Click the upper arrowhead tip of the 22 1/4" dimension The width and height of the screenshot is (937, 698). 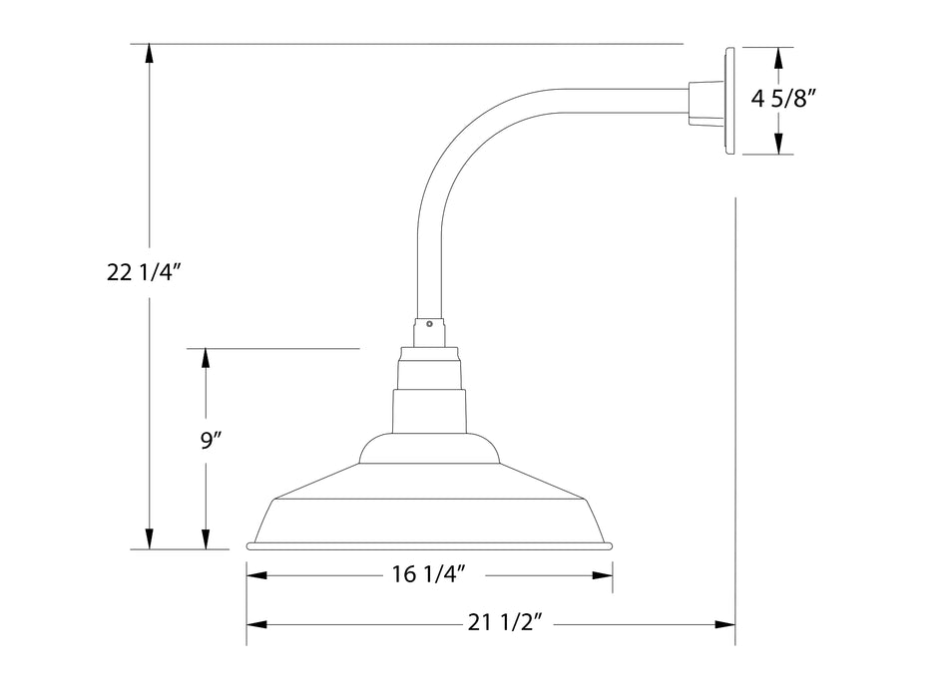(150, 45)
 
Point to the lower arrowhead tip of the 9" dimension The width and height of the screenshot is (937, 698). (207, 548)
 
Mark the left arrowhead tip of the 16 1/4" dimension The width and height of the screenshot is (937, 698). (246, 575)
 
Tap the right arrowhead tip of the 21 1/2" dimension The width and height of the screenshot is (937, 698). (735, 624)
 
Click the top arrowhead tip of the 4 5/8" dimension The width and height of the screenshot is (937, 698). (778, 48)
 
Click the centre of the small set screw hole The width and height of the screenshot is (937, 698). (429, 324)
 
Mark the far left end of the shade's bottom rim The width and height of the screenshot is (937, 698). (246, 545)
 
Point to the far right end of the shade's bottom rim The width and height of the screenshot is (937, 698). (614, 545)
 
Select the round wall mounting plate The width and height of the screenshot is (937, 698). (730, 102)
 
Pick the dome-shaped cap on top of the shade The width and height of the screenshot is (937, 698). (429, 448)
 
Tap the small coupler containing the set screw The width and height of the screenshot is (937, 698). (429, 332)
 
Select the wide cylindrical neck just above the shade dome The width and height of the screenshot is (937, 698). (429, 411)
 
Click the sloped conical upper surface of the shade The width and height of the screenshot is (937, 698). (429, 481)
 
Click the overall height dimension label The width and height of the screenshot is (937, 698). (144, 273)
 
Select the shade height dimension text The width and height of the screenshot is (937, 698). (211, 441)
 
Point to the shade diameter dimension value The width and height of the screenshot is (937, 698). (428, 574)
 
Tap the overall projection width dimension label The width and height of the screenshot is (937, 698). (505, 623)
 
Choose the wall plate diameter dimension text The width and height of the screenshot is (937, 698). (783, 99)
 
